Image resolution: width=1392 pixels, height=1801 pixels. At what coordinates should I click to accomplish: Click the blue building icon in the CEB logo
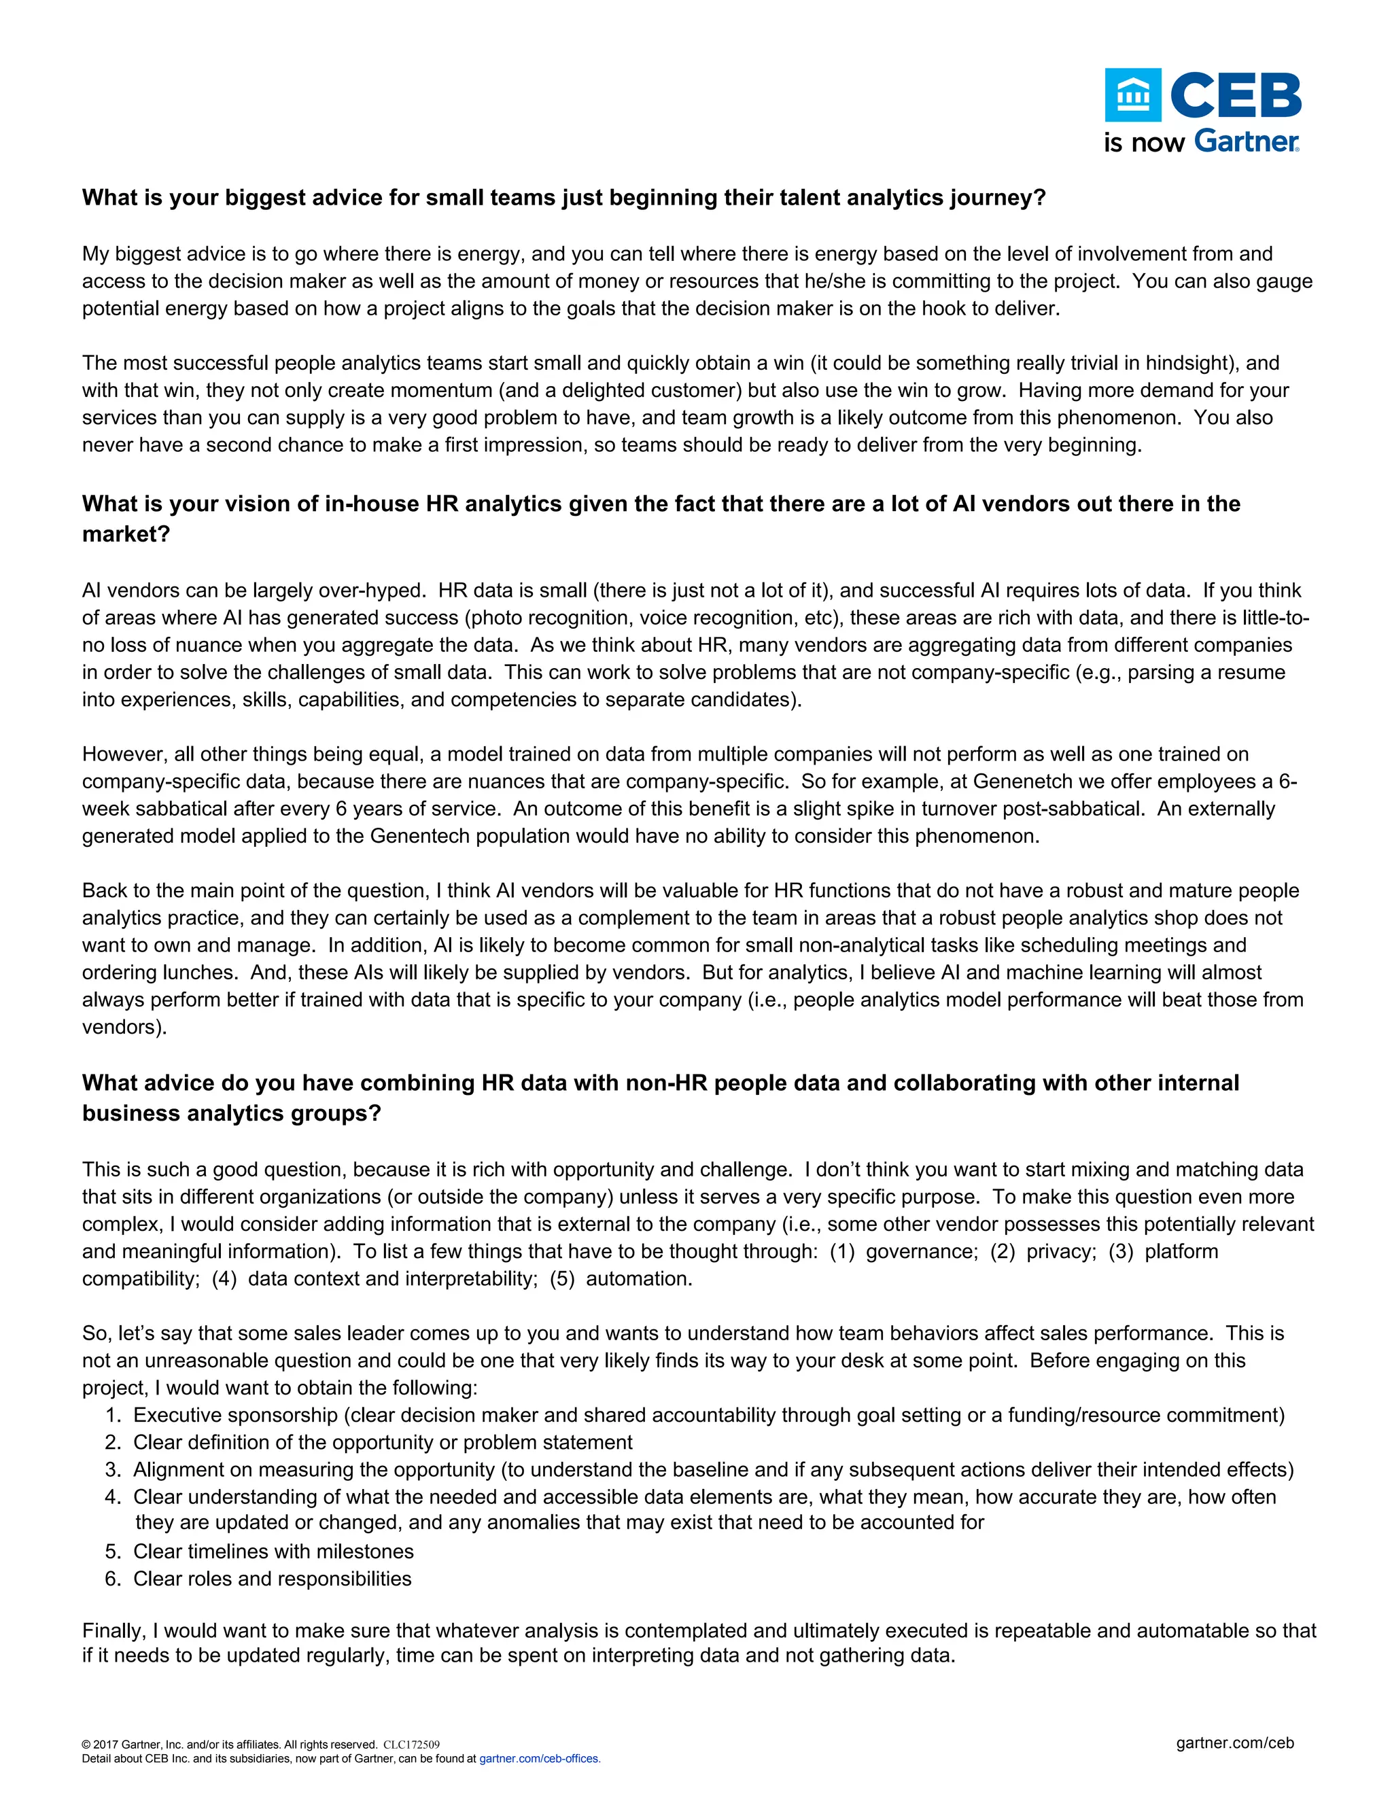click(x=1132, y=96)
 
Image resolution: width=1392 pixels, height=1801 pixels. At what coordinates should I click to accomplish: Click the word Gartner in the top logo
click(x=1246, y=142)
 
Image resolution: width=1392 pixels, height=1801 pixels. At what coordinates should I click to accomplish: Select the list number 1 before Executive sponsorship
click(x=113, y=1415)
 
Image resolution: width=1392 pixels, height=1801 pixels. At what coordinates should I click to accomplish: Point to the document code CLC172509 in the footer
click(x=411, y=1744)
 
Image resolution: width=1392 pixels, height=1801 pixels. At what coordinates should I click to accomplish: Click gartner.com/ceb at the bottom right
click(x=1234, y=1743)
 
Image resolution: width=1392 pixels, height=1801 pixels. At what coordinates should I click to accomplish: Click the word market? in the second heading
click(x=125, y=534)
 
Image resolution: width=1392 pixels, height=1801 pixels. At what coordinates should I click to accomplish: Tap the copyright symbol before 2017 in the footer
click(x=86, y=1744)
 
